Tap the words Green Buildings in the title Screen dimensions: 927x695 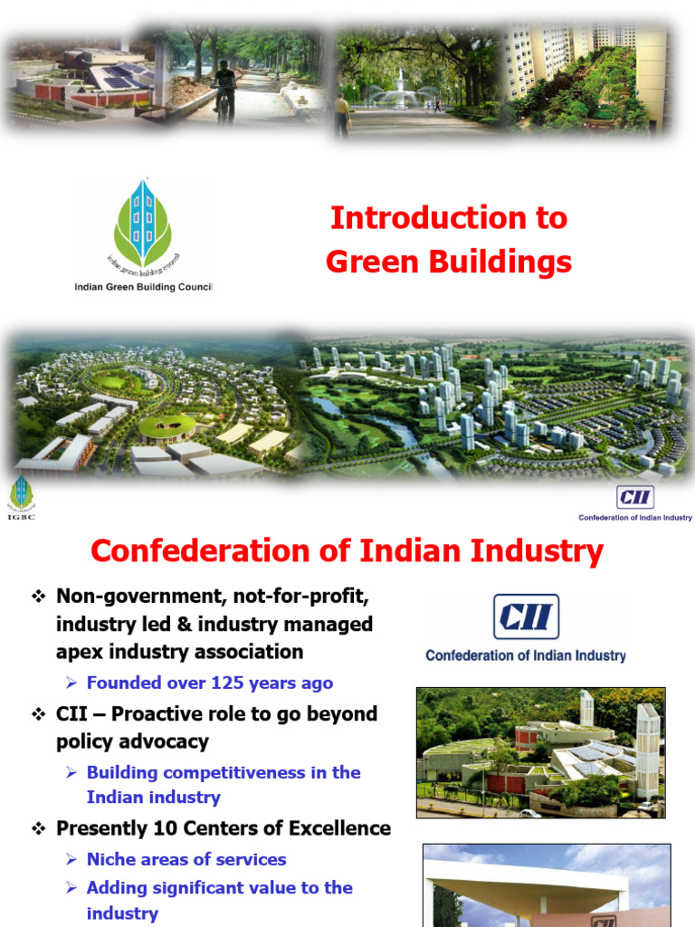click(449, 262)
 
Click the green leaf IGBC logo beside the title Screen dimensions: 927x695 click(142, 223)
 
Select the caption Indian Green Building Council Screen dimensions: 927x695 click(143, 287)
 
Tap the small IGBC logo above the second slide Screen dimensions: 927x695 click(20, 497)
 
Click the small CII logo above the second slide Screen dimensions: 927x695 click(635, 497)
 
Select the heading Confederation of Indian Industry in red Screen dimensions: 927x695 click(347, 550)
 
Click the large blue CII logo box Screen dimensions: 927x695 click(526, 616)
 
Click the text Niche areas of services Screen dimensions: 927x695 click(186, 859)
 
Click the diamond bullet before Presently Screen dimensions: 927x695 click(39, 828)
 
